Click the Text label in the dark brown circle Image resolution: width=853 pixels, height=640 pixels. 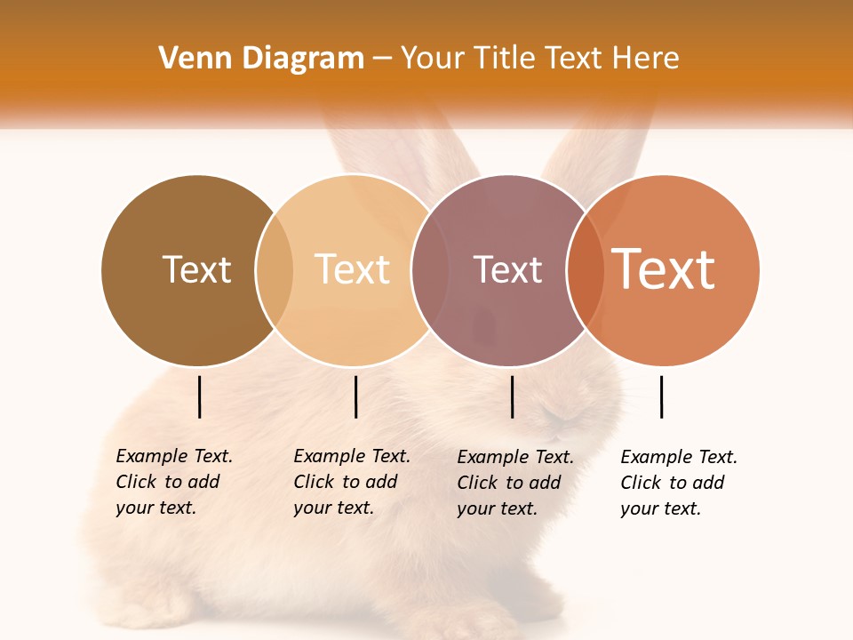coord(196,269)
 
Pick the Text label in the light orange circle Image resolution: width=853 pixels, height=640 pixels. coord(352,269)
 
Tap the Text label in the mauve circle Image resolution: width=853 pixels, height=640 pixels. coord(507,269)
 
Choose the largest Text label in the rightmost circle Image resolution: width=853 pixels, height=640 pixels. coord(664,269)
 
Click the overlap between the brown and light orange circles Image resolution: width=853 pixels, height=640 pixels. coord(275,270)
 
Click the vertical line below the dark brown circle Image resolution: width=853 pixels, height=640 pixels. coord(200,396)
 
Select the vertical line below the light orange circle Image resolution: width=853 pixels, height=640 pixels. coord(355,396)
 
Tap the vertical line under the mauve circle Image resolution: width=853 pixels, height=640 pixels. coord(512,396)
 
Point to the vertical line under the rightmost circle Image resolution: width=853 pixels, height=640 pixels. coord(662,396)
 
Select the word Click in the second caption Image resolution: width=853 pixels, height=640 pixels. coord(314,482)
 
